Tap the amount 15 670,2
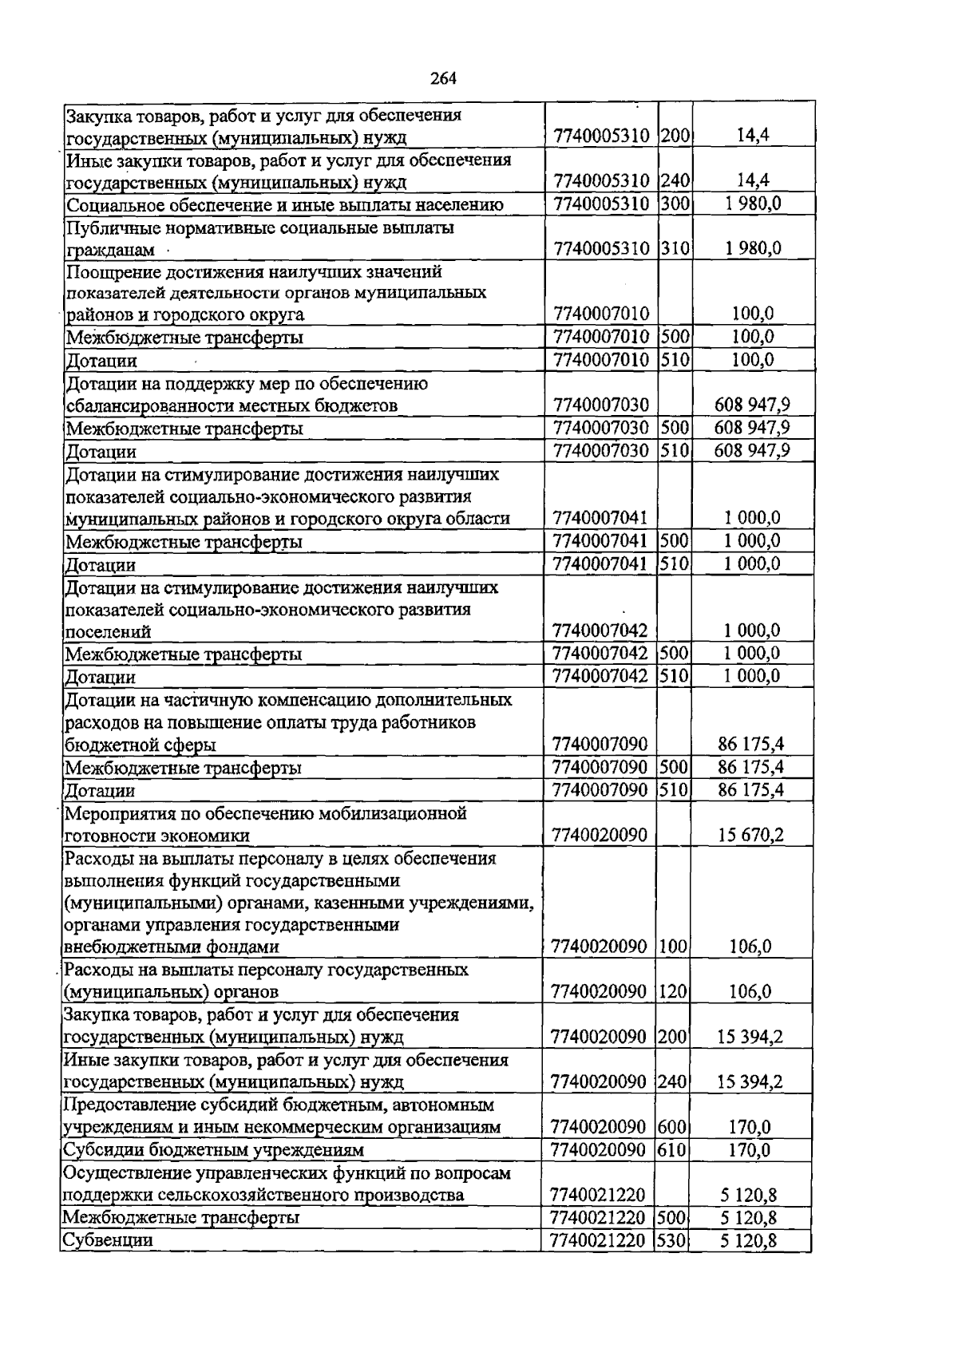coord(750,836)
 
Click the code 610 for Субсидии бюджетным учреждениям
coord(674,1150)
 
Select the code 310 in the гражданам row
coord(675,248)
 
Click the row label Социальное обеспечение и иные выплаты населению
coord(284,204)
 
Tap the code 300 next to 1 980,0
coord(675,204)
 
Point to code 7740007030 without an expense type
coord(600,405)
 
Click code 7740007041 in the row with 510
coord(600,564)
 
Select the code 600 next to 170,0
coord(674,1127)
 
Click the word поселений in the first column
coord(108,631)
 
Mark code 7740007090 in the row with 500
coord(600,768)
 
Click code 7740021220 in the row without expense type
coord(598,1195)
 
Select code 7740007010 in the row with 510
coord(600,360)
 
